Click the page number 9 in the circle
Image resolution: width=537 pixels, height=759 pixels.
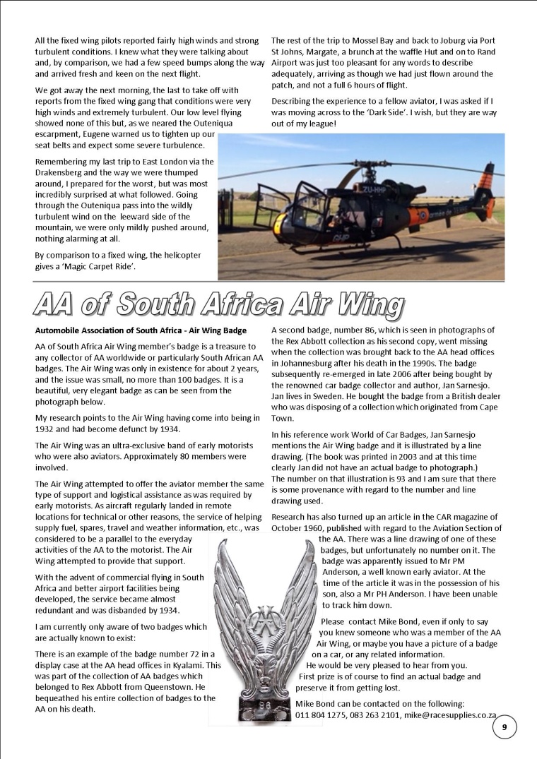[x=504, y=727]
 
